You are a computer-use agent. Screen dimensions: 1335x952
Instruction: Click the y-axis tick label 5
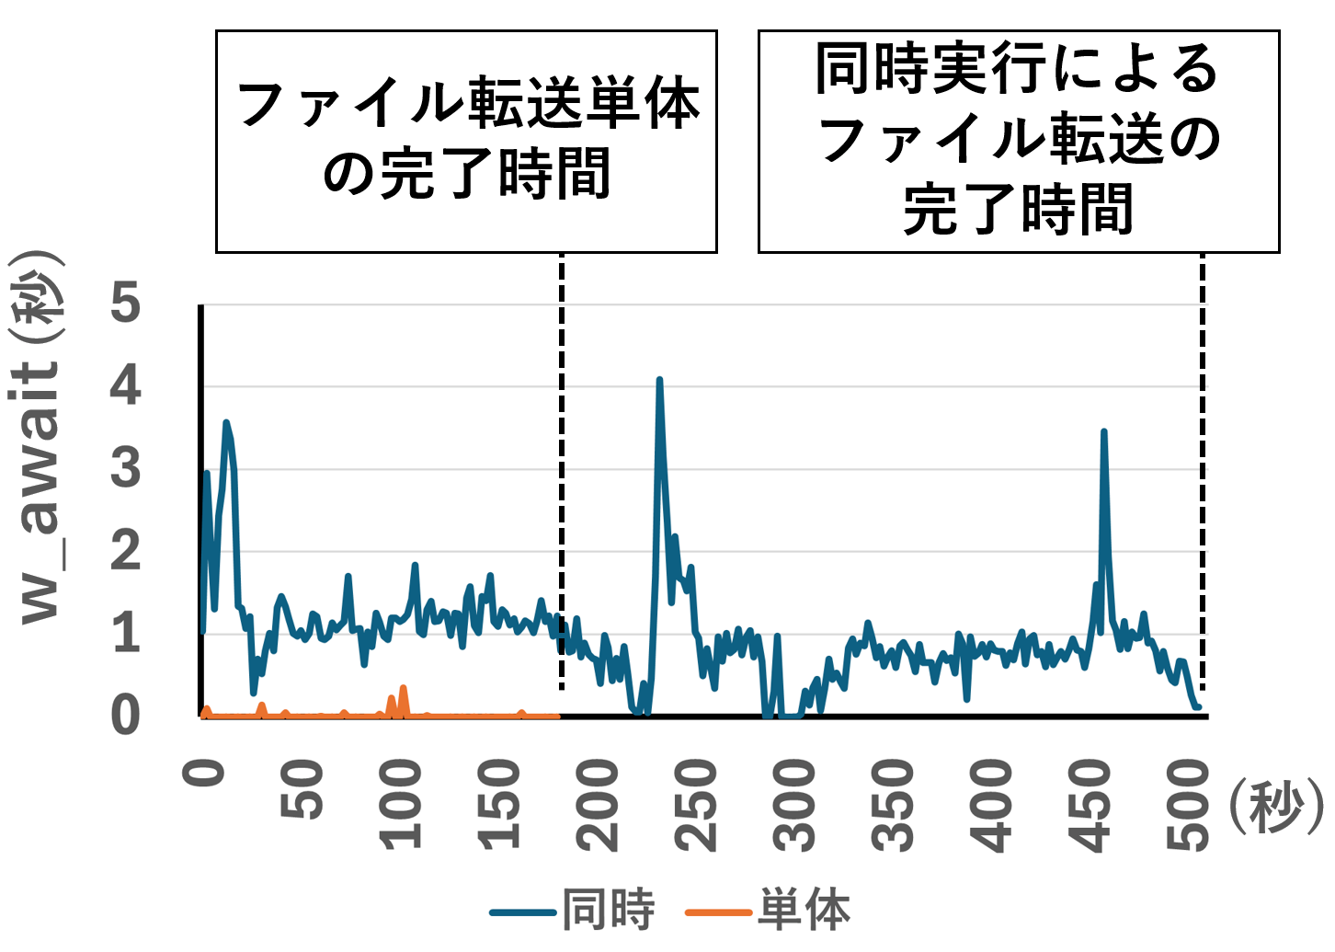pyautogui.click(x=126, y=304)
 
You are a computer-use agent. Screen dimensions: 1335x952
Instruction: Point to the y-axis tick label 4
pyautogui.click(x=126, y=386)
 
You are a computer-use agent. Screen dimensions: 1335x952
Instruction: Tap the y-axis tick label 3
pyautogui.click(x=126, y=468)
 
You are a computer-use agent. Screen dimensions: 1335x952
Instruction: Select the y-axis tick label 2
pyautogui.click(x=126, y=551)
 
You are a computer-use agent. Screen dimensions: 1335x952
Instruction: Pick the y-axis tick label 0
pyautogui.click(x=126, y=716)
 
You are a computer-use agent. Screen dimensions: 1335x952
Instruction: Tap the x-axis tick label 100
pyautogui.click(x=401, y=804)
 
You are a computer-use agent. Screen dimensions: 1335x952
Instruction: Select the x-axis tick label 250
pyautogui.click(x=695, y=804)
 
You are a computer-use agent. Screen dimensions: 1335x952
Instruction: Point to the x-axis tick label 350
pyautogui.click(x=893, y=804)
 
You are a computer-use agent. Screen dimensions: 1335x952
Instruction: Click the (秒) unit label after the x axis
pyautogui.click(x=1275, y=809)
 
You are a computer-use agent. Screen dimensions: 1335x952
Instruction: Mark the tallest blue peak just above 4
pyautogui.click(x=659, y=380)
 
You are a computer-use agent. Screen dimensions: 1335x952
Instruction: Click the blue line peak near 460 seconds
pyautogui.click(x=1103, y=431)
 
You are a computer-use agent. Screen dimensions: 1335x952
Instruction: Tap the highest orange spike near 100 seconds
pyautogui.click(x=404, y=687)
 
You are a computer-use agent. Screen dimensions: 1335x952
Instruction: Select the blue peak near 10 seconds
pyautogui.click(x=226, y=422)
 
